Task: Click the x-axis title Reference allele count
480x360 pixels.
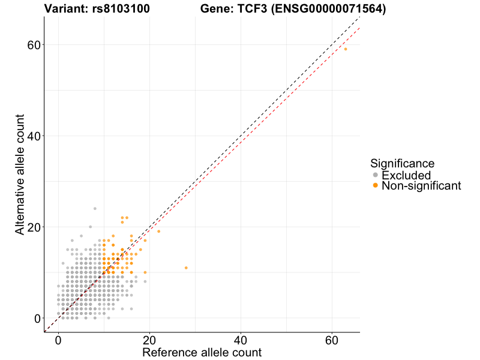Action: pos(202,352)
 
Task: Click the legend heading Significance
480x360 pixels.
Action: pos(402,163)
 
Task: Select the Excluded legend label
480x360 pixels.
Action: pos(406,175)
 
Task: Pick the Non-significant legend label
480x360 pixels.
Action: pos(421,186)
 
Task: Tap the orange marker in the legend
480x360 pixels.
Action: pos(376,186)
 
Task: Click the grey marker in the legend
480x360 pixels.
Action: pos(376,175)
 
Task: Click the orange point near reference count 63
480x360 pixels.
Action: pos(346,49)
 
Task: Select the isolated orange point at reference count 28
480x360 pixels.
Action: pos(186,268)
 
